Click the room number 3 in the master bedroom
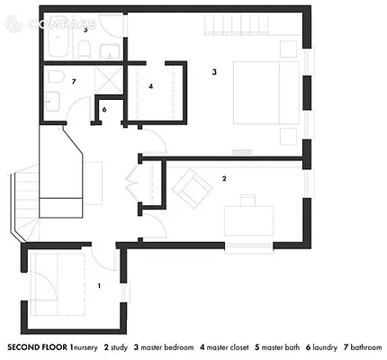click(214, 71)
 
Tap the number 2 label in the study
click(224, 178)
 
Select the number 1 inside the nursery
click(99, 285)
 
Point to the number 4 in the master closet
click(151, 86)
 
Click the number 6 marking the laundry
click(104, 110)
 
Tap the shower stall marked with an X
click(109, 82)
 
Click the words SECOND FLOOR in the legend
click(36, 346)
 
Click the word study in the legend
click(119, 346)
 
